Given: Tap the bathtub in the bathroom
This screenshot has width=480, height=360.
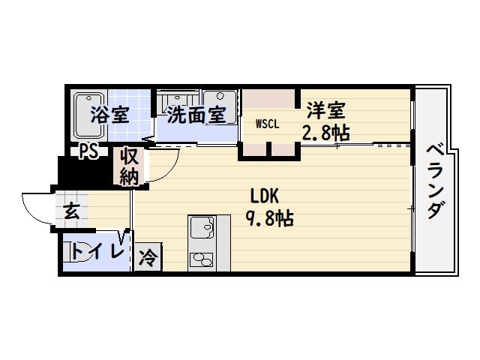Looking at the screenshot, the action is coord(89,115).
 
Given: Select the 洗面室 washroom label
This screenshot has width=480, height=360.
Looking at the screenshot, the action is coord(196,115).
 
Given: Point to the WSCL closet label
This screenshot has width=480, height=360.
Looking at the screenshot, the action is coord(268,124).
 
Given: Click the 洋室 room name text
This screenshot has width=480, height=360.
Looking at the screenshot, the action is coord(326,110).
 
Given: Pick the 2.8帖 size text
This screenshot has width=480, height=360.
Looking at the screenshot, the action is coord(326,133).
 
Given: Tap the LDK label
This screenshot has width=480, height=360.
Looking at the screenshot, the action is coord(265,196).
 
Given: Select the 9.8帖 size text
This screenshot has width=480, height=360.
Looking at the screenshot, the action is coord(269,218).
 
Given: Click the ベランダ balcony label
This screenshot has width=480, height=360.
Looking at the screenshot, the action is coord(436,181).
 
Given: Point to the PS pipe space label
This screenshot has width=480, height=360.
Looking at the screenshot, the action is coord(88,151).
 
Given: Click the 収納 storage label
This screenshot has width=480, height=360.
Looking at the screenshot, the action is coord(129,166).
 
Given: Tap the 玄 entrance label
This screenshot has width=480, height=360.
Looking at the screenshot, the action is coord(72,211).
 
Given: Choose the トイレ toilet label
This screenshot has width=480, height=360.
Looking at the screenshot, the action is coord(98,252).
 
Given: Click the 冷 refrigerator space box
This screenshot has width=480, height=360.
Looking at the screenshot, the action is coord(148,257).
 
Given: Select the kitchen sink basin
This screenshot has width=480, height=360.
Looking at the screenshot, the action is coord(202,227).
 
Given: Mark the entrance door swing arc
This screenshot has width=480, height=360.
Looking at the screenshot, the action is coord(37,208).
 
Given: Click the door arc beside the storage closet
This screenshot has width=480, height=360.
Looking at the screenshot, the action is coord(163,164).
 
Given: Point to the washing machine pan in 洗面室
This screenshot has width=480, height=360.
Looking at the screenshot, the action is coord(220,107).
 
